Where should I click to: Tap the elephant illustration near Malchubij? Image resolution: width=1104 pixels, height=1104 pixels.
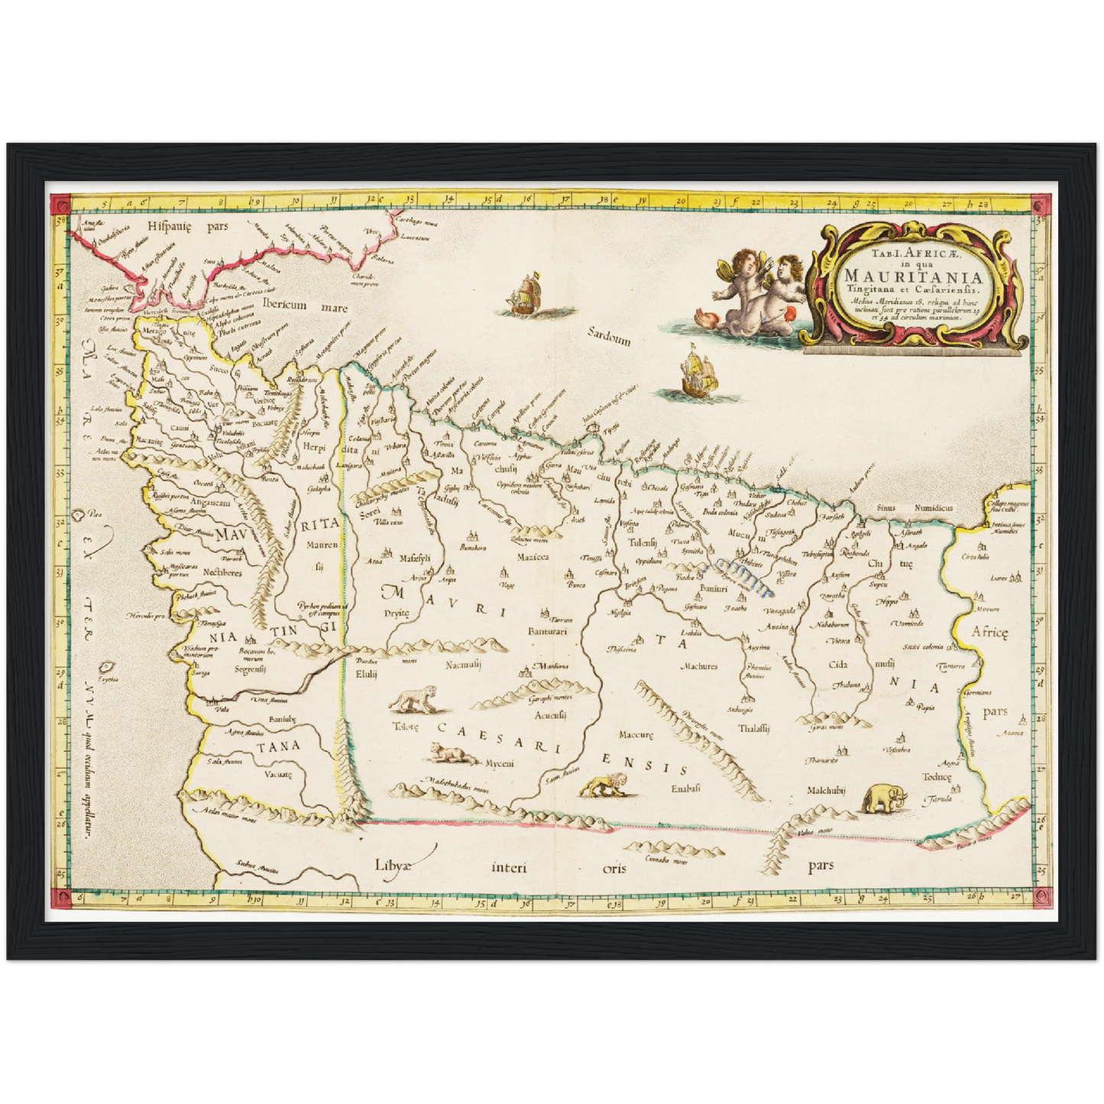(885, 798)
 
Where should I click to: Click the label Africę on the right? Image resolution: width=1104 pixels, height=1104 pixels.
(990, 631)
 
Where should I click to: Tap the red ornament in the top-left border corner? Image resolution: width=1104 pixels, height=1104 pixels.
(60, 204)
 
